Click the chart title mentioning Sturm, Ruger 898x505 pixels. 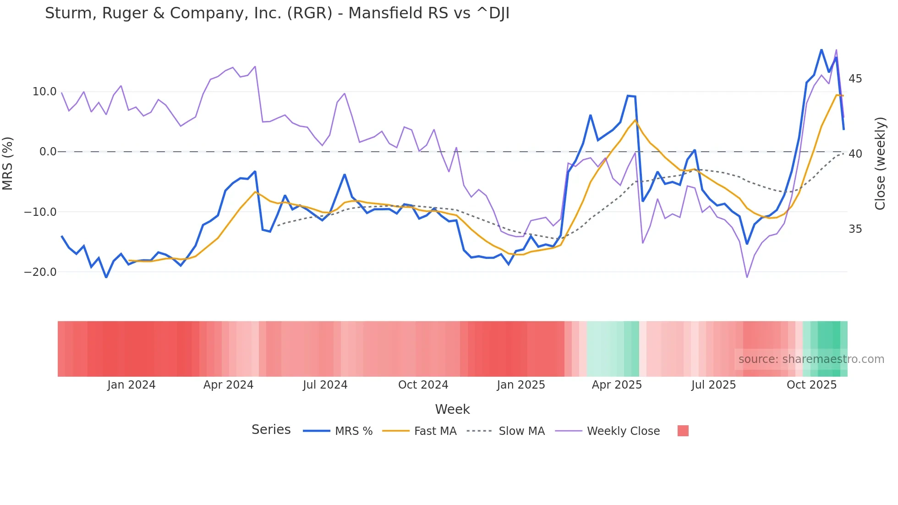point(277,13)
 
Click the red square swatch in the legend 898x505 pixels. point(683,431)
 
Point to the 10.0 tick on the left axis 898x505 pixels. point(44,92)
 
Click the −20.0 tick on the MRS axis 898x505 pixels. point(40,272)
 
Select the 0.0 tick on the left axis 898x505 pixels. point(48,152)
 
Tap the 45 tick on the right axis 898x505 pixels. point(855,79)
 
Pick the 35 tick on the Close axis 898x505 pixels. point(855,229)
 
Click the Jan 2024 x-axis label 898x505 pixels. point(131,385)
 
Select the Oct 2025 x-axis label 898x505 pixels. point(811,385)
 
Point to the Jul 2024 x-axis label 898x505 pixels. point(325,385)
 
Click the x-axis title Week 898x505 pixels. point(452,409)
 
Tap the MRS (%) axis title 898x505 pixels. point(8,163)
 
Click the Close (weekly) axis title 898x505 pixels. point(880,163)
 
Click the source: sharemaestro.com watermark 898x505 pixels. point(811,359)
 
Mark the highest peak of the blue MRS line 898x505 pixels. point(821,49)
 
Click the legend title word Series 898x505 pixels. point(271,430)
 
